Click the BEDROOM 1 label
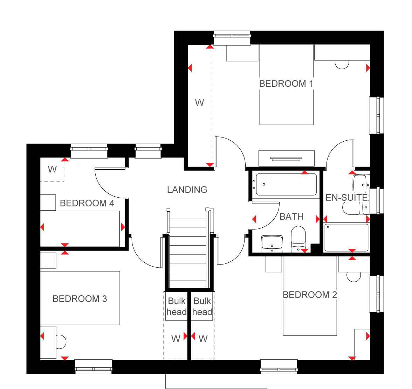[286, 84]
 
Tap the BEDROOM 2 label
[310, 295]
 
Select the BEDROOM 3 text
[80, 299]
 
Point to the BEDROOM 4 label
[87, 203]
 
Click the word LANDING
[187, 190]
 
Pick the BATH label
[291, 217]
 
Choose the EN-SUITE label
[346, 198]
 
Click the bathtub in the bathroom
[286, 184]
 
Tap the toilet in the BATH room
[298, 239]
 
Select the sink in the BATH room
[272, 244]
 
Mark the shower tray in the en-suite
[346, 238]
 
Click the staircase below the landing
[188, 249]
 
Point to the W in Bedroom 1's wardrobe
[199, 102]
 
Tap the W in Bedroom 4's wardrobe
[52, 169]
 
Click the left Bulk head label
[177, 306]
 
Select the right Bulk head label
[202, 306]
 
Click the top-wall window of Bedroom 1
[232, 38]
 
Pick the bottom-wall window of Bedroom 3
[94, 367]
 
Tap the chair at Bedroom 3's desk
[61, 342]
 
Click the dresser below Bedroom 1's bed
[287, 158]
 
